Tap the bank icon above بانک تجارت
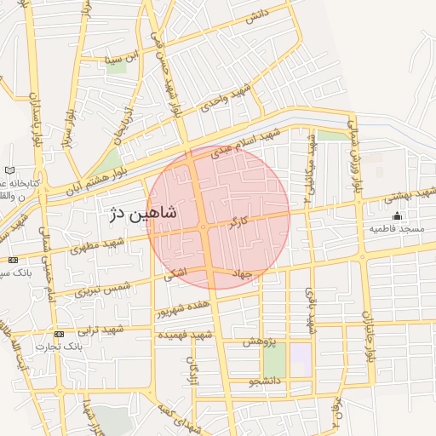tap(59, 334)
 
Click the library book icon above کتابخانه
tap(9, 171)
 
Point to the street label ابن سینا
tap(119, 60)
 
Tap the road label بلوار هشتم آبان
tap(90, 177)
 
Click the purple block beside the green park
tap(301, 359)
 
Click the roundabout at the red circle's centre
tap(204, 227)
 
